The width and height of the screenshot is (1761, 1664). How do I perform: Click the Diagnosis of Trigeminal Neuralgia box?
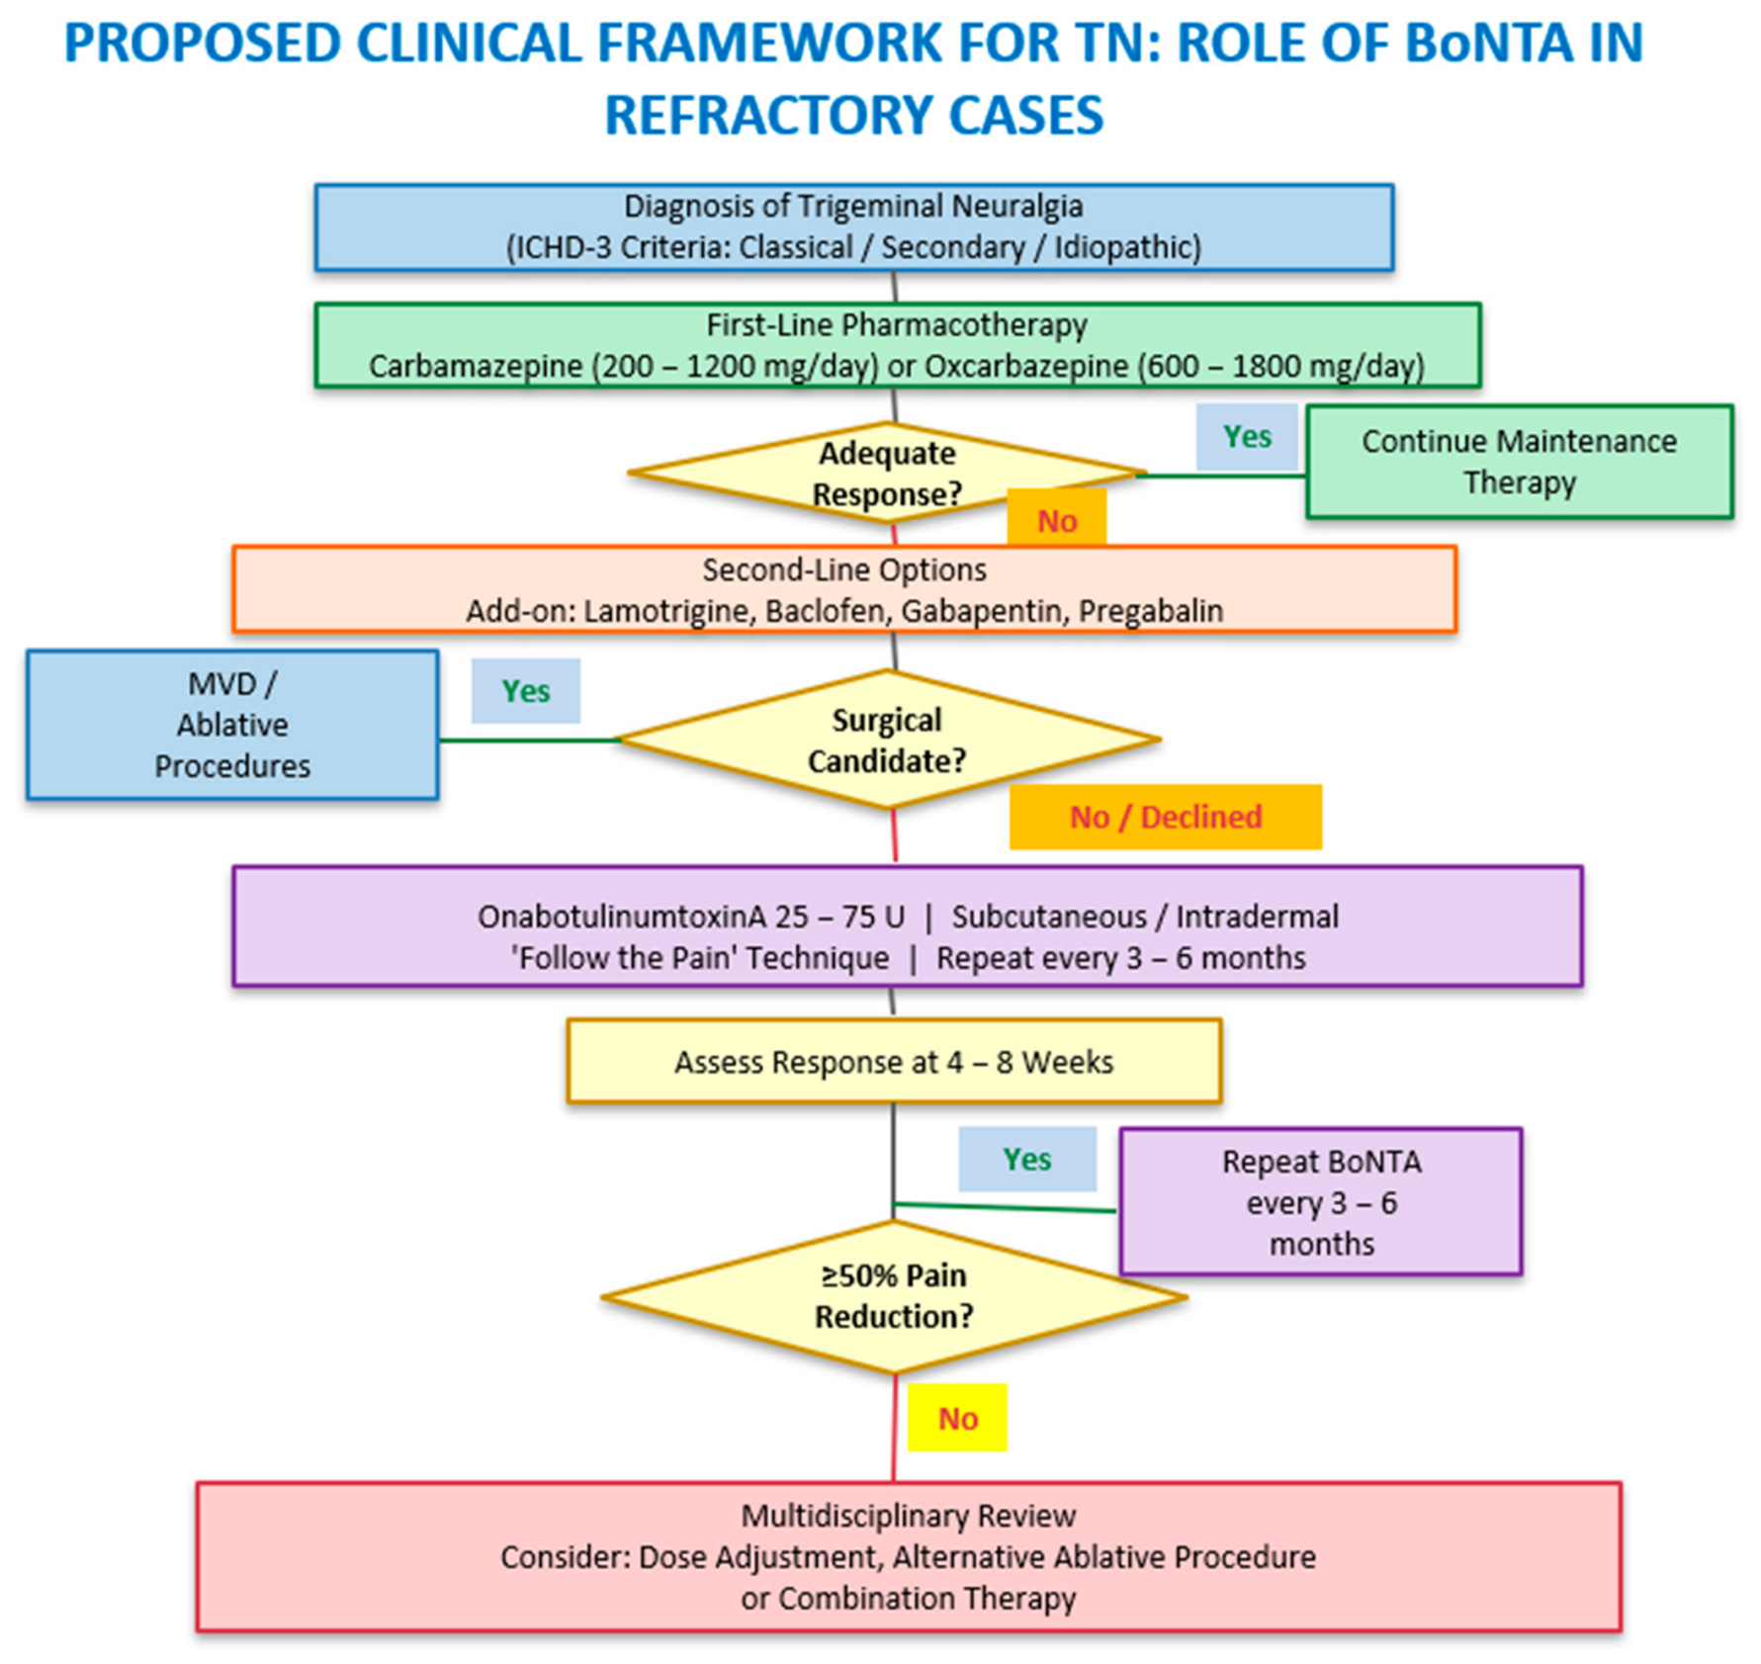tap(854, 226)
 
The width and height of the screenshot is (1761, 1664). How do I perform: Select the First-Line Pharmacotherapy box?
tap(897, 345)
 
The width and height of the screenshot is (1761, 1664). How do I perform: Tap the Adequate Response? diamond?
tap(887, 474)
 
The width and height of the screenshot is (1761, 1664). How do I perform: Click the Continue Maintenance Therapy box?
tap(1519, 462)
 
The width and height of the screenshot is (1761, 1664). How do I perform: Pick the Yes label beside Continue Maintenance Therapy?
tap(1247, 437)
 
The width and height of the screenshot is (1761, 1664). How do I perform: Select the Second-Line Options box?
tap(844, 589)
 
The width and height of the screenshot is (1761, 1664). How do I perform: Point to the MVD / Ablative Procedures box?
tap(232, 725)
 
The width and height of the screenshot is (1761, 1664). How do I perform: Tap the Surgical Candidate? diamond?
tap(888, 740)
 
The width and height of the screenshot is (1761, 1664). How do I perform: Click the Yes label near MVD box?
tap(525, 691)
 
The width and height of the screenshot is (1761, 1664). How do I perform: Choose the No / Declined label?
tap(1166, 817)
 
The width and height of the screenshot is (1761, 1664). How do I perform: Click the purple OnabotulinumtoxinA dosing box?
tap(908, 926)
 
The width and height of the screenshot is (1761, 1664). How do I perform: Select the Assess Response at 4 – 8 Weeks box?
tap(894, 1061)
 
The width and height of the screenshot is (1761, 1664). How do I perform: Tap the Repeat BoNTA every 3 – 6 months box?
tap(1321, 1201)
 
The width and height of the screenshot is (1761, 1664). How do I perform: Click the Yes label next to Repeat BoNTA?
tap(1027, 1159)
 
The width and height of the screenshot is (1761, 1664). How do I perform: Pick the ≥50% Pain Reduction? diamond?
tap(894, 1296)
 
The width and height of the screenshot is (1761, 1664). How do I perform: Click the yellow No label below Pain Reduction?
tap(957, 1418)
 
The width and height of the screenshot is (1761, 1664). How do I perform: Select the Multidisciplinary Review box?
tap(909, 1556)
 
